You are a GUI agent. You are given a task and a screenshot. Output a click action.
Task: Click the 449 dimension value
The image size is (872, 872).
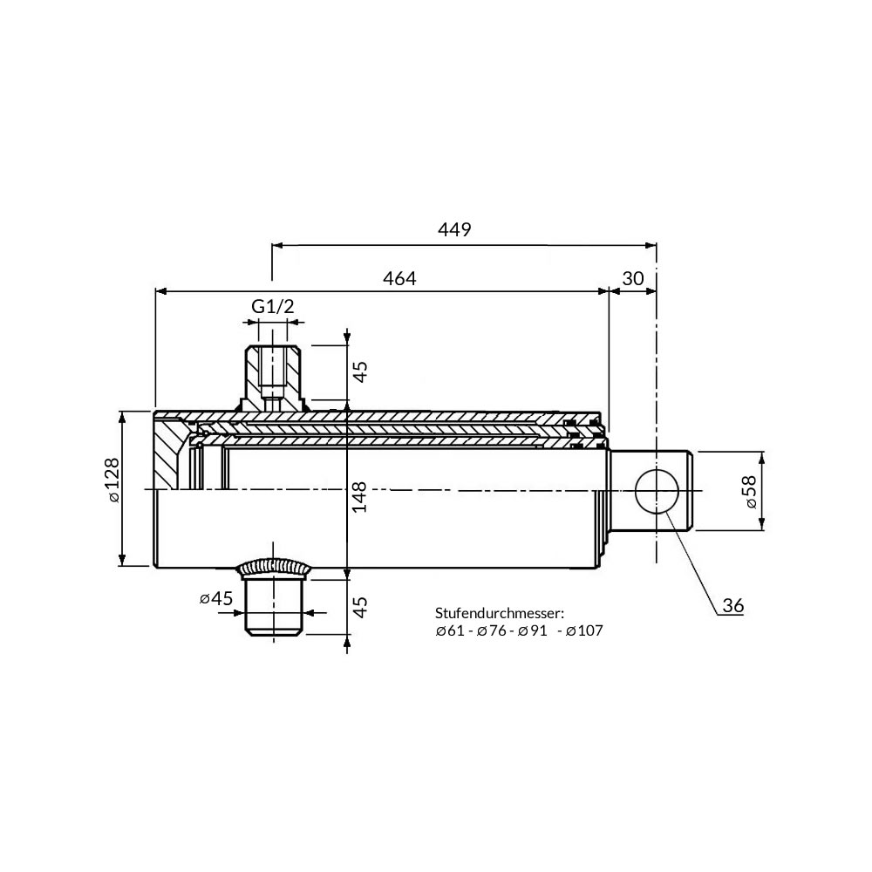454,229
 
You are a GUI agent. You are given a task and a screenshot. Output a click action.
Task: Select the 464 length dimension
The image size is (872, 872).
399,278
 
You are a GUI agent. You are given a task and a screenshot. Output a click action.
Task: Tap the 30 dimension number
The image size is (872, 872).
633,278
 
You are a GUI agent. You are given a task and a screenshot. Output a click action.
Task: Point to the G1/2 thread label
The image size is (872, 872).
272,306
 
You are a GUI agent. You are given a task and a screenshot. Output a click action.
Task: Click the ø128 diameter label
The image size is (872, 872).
112,480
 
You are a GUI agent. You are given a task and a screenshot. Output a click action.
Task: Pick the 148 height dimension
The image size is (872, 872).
359,497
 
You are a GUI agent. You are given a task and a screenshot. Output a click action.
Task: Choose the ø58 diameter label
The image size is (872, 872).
751,492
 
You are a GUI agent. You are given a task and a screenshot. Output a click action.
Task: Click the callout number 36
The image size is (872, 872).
733,606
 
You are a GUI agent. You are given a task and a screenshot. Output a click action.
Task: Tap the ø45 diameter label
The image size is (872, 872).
216,598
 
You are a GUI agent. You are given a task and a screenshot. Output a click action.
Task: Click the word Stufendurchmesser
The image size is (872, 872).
500,613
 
